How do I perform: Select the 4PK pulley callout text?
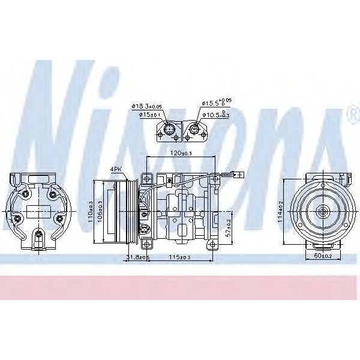[116, 169]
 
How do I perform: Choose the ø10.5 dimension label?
[217, 114]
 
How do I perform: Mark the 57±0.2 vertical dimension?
[228, 227]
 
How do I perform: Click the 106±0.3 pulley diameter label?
[100, 211]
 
